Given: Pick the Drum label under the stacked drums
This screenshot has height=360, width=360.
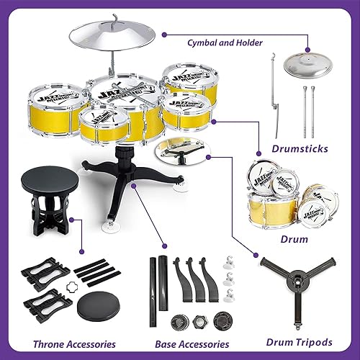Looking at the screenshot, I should point(295,238).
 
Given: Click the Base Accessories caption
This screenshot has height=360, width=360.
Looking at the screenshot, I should point(192,344).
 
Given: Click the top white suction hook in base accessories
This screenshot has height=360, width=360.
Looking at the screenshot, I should point(230,262).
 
